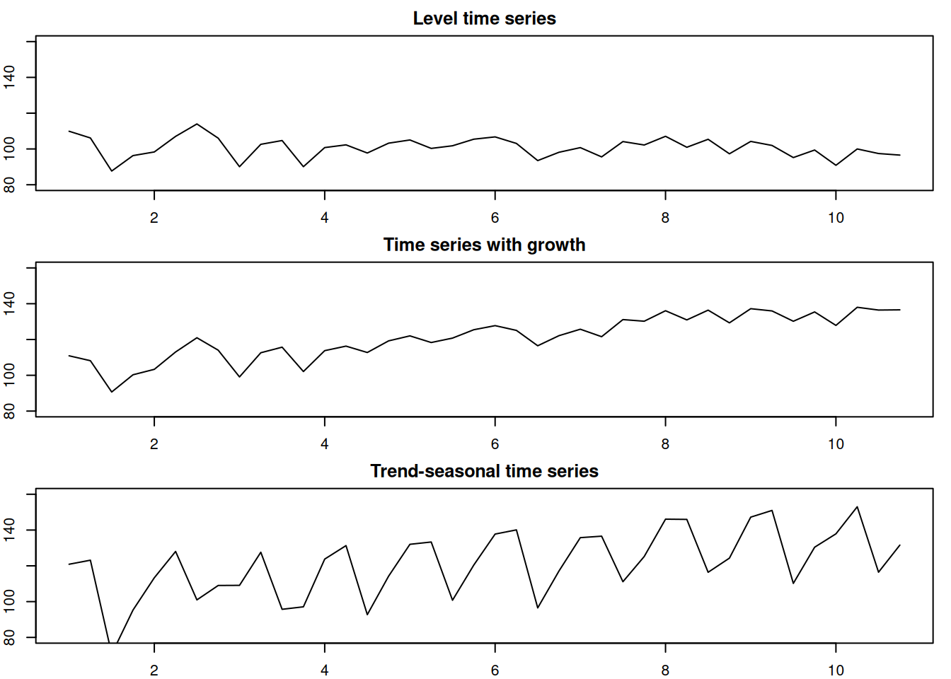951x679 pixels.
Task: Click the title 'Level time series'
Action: [484, 18]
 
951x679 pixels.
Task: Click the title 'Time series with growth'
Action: [484, 245]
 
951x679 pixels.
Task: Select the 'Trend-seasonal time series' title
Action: [484, 471]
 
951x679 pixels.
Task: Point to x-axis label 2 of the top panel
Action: [154, 218]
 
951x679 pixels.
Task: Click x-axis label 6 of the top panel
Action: [495, 218]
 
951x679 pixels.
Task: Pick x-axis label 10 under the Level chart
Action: [836, 218]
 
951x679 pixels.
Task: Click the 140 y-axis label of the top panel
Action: [9, 77]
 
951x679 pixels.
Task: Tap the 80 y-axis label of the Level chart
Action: [9, 185]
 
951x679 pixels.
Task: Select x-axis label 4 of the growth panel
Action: [324, 444]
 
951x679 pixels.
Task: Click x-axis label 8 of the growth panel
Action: [665, 444]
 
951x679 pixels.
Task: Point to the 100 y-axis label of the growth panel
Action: [9, 375]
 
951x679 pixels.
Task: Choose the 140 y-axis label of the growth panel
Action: [9, 303]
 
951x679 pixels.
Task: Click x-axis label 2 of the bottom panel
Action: [154, 671]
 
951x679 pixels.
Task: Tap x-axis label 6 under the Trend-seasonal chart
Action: [495, 671]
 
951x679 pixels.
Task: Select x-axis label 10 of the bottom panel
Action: [836, 671]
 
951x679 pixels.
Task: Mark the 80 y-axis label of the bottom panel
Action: [9, 637]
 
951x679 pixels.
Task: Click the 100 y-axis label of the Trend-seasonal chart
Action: [9, 601]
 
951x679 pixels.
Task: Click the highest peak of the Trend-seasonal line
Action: [857, 506]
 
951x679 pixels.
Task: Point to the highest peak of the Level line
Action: [197, 124]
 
